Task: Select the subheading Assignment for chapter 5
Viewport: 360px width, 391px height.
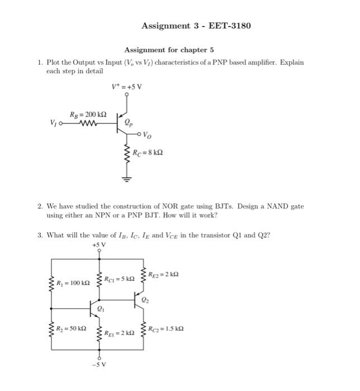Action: pos(169,50)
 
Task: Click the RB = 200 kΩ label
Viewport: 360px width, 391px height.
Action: pos(88,115)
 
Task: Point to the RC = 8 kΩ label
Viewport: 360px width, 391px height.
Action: pos(148,151)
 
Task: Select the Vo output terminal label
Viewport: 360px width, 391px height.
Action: pos(146,134)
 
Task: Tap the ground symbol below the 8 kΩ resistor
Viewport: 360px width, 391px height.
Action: pos(127,179)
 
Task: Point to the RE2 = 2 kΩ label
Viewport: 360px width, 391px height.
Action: pos(163,273)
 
